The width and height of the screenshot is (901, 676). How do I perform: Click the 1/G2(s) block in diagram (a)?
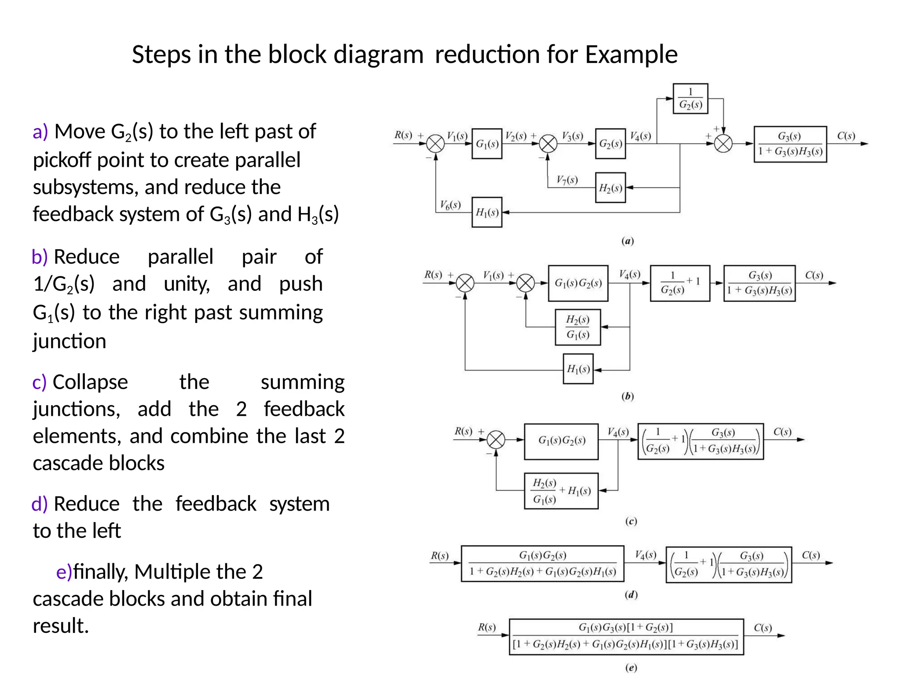(690, 99)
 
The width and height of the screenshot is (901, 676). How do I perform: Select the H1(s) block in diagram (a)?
(487, 212)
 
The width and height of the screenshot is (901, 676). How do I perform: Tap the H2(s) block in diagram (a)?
(610, 188)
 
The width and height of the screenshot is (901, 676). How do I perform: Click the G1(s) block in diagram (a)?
(487, 144)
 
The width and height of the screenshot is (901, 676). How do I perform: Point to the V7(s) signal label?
(567, 180)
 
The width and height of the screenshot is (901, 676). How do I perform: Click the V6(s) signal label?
(450, 205)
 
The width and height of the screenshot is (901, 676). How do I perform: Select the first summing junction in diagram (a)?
(436, 144)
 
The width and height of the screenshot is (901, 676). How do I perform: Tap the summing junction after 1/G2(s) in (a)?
(723, 143)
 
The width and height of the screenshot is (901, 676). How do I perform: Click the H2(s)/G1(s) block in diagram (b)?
(578, 327)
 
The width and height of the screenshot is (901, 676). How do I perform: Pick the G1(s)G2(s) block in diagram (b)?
(578, 283)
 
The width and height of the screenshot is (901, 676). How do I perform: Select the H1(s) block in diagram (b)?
(578, 369)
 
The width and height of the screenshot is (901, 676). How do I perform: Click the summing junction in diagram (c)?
(496, 440)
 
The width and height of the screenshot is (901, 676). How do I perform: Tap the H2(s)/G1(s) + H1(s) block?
(561, 491)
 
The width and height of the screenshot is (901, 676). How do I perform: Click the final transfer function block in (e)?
(626, 636)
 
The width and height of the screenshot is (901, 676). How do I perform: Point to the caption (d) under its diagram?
(631, 595)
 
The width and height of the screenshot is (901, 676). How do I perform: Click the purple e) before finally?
(64, 572)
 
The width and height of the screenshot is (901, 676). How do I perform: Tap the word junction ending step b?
(70, 341)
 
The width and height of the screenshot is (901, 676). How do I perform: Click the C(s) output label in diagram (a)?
(846, 136)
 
